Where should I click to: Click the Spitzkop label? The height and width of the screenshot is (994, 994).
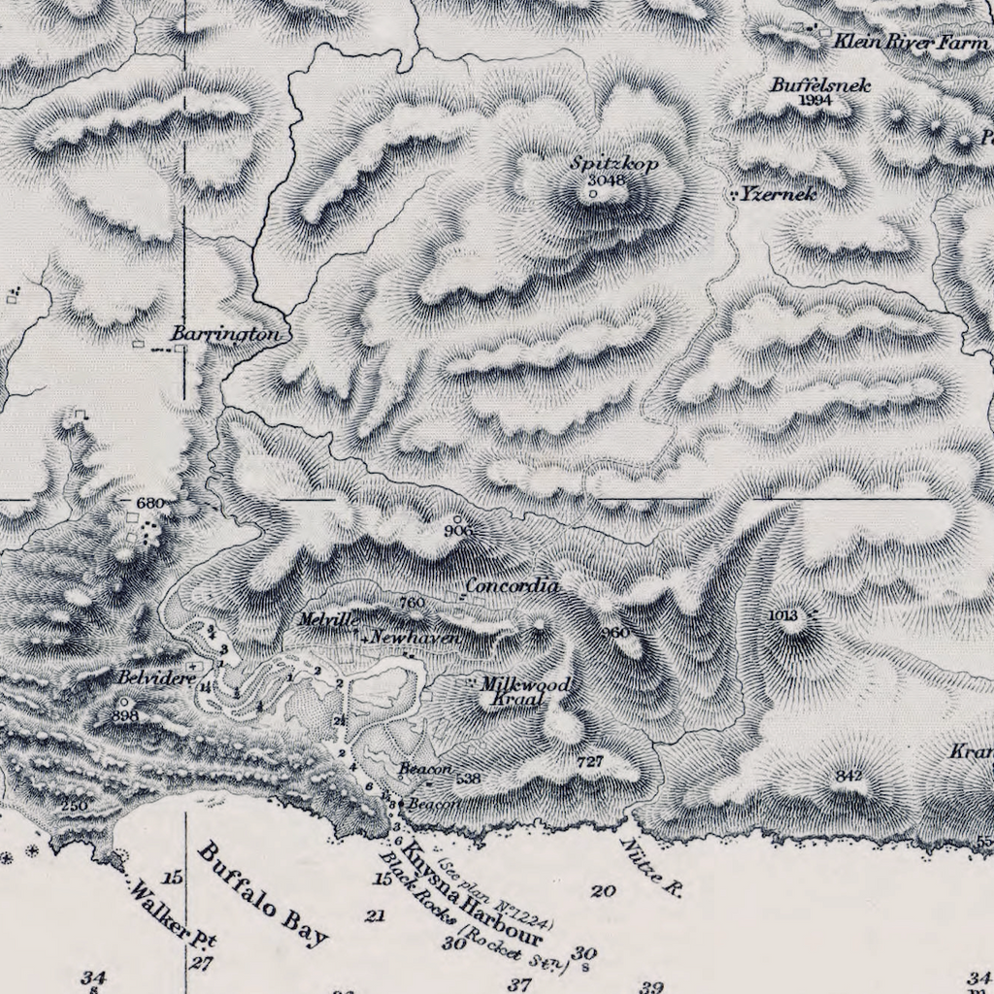pyautogui.click(x=614, y=164)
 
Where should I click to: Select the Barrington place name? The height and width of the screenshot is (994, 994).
pyautogui.click(x=226, y=334)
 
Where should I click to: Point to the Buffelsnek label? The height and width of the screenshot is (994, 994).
pyautogui.click(x=820, y=85)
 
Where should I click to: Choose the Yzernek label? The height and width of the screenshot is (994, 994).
pyautogui.click(x=778, y=194)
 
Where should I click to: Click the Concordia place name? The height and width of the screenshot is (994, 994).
pyautogui.click(x=512, y=586)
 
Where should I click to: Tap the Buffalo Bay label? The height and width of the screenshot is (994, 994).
pyautogui.click(x=263, y=894)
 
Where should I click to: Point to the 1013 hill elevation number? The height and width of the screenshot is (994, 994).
pyautogui.click(x=782, y=614)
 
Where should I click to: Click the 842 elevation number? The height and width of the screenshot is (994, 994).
pyautogui.click(x=848, y=776)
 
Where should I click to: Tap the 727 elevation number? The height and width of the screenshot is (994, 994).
pyautogui.click(x=590, y=762)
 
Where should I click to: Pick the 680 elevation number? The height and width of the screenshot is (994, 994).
pyautogui.click(x=151, y=503)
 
